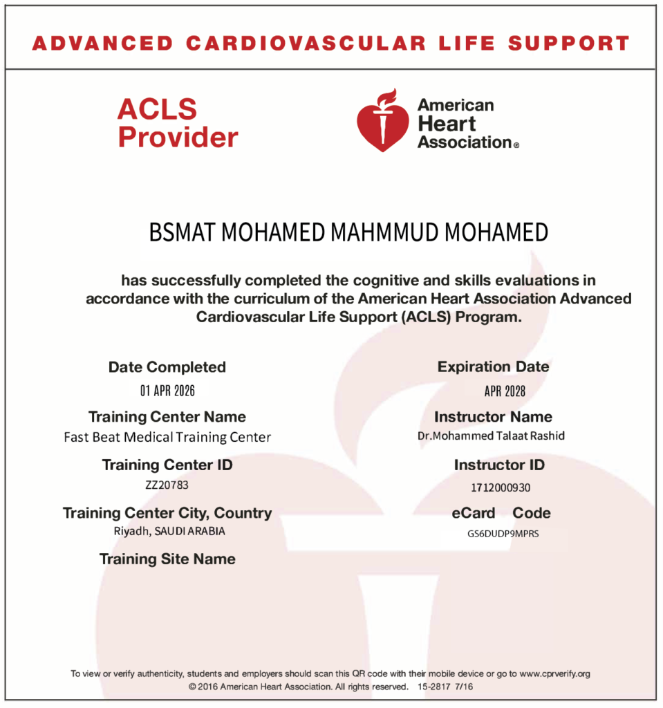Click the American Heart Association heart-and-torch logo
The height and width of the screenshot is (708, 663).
pos(382,121)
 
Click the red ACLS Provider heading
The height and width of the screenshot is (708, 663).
pos(178,123)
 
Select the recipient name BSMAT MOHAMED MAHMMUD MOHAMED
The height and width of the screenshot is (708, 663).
pos(348,233)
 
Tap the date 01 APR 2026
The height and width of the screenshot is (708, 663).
pos(167,391)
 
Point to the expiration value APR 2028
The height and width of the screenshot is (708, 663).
pos(505,391)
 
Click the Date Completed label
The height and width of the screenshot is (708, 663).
pos(167,367)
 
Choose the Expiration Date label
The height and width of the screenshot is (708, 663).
pos(493,367)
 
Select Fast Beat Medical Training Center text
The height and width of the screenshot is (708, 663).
pos(167,437)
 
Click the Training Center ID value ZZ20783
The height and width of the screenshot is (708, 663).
pos(167,485)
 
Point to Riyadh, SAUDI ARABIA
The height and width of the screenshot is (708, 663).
pos(169,531)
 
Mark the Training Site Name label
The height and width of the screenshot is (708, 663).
pos(167,559)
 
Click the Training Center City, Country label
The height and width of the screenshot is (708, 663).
pos(167,513)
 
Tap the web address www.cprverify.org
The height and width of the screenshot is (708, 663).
pos(554,673)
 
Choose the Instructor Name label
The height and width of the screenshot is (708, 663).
pos(493,417)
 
